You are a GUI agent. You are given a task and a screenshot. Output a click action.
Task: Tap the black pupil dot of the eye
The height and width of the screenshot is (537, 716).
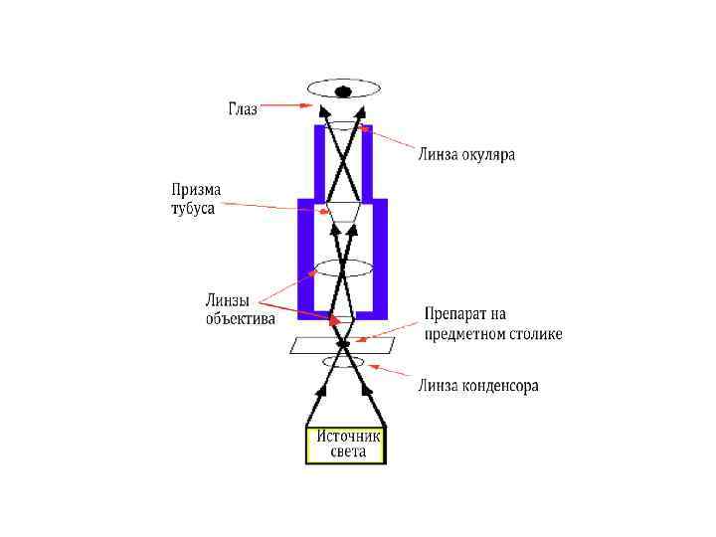344,91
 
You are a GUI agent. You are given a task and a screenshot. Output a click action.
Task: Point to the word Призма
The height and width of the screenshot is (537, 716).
197,189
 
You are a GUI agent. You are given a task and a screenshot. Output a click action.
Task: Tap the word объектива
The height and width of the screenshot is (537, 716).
241,318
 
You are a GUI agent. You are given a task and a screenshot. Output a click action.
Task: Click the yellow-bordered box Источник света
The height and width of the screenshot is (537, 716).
344,445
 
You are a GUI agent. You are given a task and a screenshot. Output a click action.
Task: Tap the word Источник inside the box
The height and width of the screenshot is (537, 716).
348,436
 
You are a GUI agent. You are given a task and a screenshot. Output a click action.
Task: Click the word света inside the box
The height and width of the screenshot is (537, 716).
347,452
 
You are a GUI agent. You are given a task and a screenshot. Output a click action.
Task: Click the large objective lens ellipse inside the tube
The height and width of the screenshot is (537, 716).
344,268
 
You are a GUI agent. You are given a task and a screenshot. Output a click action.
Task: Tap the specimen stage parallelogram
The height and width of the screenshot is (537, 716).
308,345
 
